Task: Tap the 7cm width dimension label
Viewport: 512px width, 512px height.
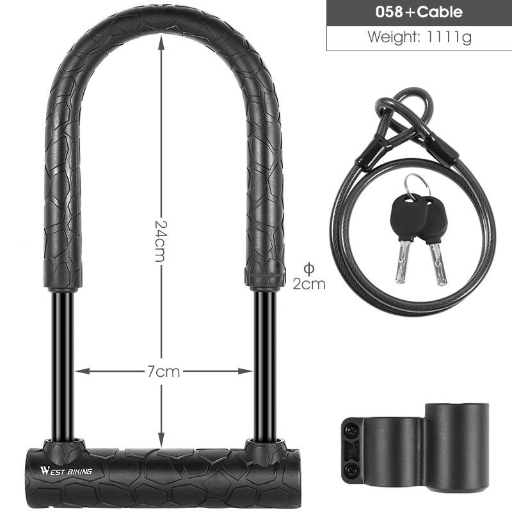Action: (x=163, y=371)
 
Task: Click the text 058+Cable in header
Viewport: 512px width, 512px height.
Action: (x=419, y=12)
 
